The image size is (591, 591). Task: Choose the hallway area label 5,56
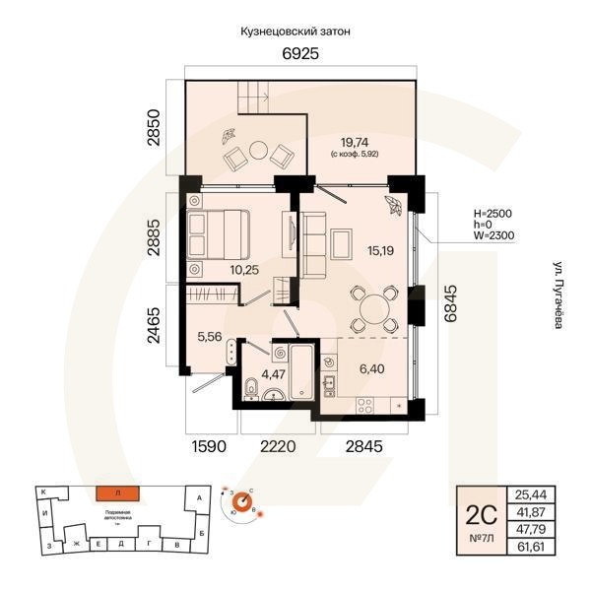[209, 336]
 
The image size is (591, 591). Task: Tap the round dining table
[375, 308]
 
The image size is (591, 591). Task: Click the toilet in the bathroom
[250, 385]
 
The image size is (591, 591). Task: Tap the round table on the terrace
[259, 152]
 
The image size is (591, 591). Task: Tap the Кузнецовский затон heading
[295, 32]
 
